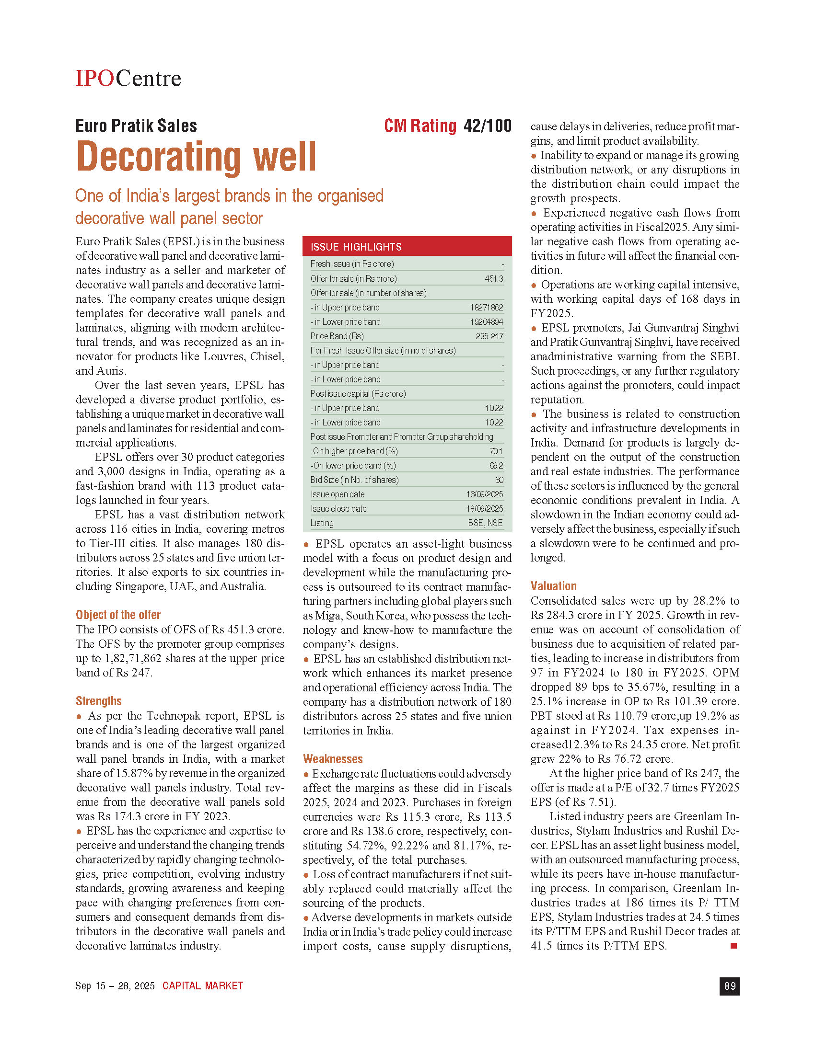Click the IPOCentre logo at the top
pos(128,78)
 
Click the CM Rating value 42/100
pos(487,126)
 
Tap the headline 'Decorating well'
pos(196,157)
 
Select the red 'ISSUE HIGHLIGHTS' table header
pos(407,247)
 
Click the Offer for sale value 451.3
pos(494,278)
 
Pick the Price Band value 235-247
pos(489,336)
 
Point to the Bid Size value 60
pos(499,480)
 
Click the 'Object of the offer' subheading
pos(118,615)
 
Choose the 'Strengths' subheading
pos(98,701)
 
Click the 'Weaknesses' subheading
pos(333,759)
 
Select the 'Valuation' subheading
pos(553,586)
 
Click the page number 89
pos(730,985)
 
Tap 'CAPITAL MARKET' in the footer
pos(202,985)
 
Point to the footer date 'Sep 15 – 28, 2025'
pos(115,985)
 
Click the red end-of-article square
pos(733,946)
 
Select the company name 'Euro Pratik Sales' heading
pos(136,126)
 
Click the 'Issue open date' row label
pos(338,494)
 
